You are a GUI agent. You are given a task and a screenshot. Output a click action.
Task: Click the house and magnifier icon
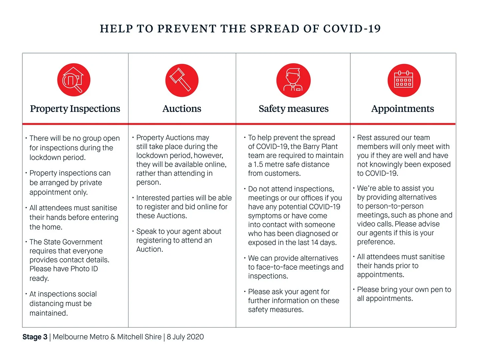(74, 80)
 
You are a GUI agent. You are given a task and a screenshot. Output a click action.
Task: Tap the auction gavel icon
(182, 80)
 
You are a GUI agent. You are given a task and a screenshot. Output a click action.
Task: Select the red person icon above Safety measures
(293, 80)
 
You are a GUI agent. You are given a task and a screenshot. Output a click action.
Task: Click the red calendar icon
(404, 80)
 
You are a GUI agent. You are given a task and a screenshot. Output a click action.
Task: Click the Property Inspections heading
(75, 109)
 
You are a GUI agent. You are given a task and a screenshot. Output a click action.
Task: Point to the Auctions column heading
(182, 109)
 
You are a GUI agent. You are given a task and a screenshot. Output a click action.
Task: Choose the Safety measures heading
(294, 109)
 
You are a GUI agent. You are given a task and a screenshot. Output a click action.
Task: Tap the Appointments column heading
(403, 109)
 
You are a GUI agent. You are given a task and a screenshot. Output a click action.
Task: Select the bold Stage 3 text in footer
(35, 337)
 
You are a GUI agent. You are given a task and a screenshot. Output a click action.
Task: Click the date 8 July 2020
(185, 337)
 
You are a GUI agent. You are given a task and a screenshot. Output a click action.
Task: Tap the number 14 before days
(315, 243)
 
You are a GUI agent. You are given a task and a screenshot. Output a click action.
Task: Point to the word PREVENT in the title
(187, 29)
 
